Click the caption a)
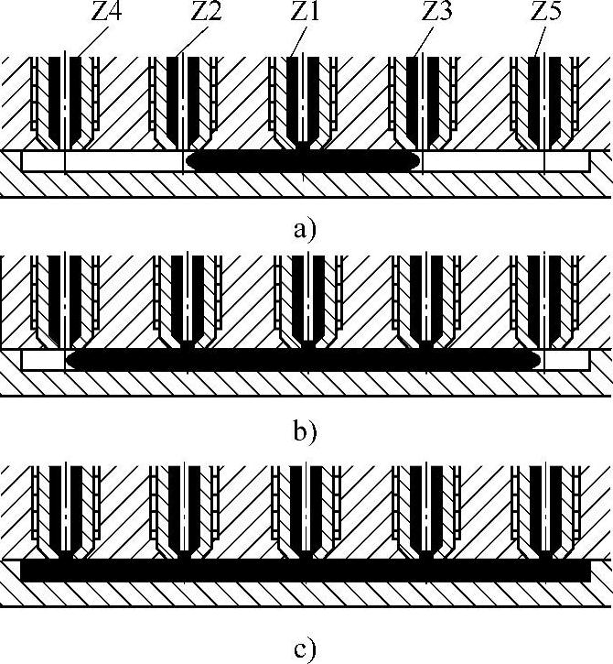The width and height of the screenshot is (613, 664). click(305, 228)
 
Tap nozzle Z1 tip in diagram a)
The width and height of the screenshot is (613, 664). click(304, 144)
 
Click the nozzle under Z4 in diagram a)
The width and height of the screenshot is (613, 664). click(66, 101)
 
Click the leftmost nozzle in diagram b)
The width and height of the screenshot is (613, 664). click(66, 302)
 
